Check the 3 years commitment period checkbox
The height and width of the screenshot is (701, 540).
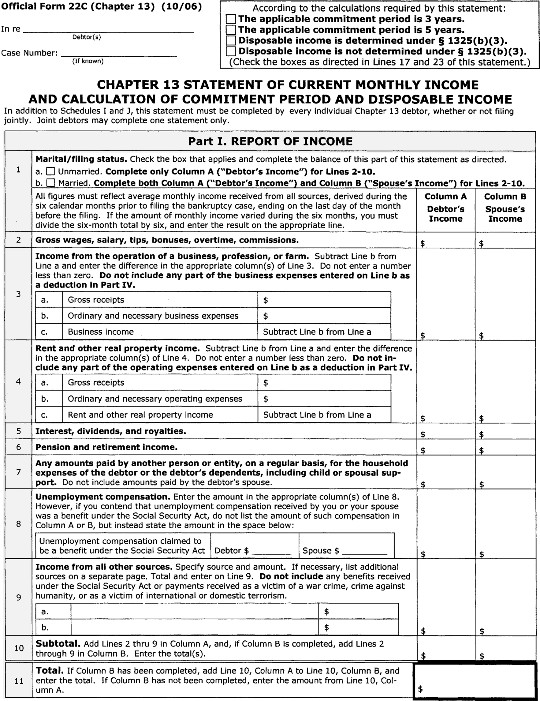coord(231,19)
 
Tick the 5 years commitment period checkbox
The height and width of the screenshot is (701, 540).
coord(231,30)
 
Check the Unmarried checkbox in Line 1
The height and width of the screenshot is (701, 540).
coord(51,171)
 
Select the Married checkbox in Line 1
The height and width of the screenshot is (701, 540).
coord(51,183)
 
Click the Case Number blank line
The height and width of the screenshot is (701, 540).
coord(119,53)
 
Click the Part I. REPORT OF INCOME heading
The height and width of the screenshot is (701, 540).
coord(270,141)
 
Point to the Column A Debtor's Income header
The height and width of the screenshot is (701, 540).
coord(446,208)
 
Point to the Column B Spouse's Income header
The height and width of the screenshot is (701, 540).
coord(505,208)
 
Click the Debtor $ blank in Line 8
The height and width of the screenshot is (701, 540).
coord(272,551)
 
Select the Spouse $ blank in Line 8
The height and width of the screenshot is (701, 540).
coord(364,551)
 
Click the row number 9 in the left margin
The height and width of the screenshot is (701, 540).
coord(19,597)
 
